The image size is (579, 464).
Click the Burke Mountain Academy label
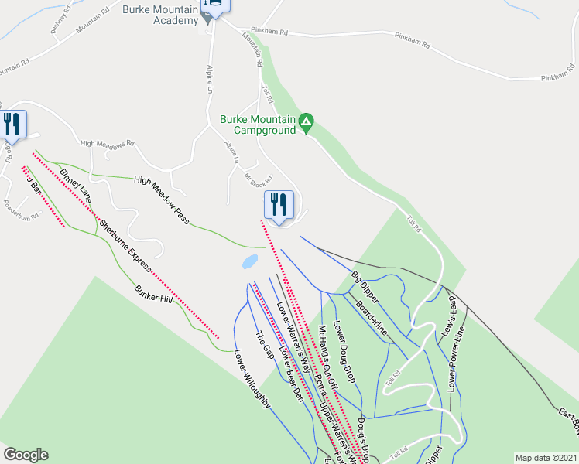tap(160, 15)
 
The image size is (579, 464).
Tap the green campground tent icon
tap(307, 121)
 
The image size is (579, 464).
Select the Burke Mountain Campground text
tap(258, 125)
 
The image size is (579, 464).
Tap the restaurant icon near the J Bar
tap(12, 124)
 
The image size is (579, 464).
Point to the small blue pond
tap(250, 262)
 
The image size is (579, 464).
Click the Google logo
tap(26, 455)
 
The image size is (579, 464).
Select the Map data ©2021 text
tap(546, 458)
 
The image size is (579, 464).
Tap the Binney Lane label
tap(77, 186)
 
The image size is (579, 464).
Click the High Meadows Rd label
tap(108, 143)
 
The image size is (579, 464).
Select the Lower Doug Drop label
tap(344, 351)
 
